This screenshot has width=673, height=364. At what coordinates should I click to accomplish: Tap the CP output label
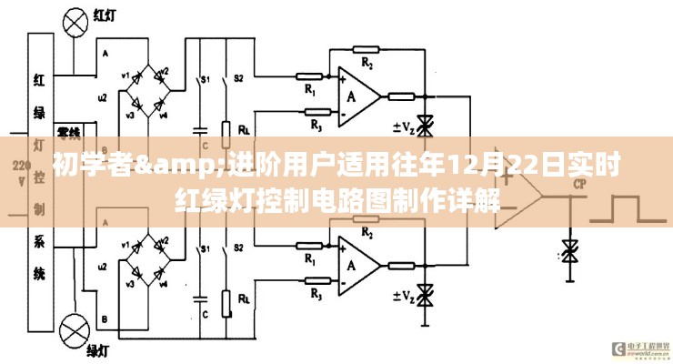coord(578,185)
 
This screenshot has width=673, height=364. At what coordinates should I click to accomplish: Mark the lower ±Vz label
coord(404,294)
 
